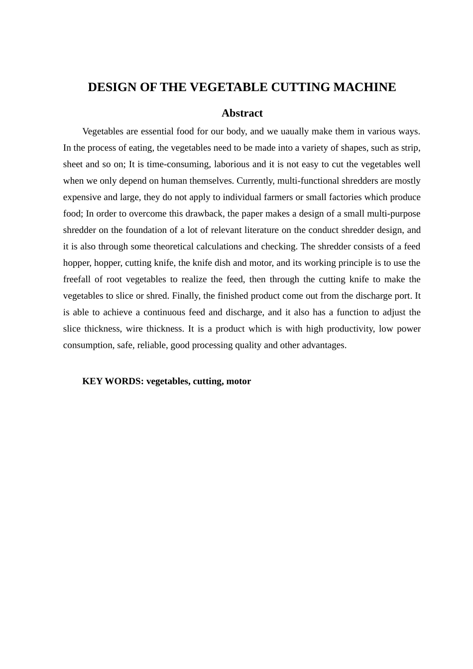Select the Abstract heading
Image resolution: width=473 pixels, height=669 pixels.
click(242, 113)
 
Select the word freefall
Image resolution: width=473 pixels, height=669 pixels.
click(78, 279)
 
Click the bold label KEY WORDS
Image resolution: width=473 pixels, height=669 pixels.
click(113, 381)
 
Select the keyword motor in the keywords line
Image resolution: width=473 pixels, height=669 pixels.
click(238, 381)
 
